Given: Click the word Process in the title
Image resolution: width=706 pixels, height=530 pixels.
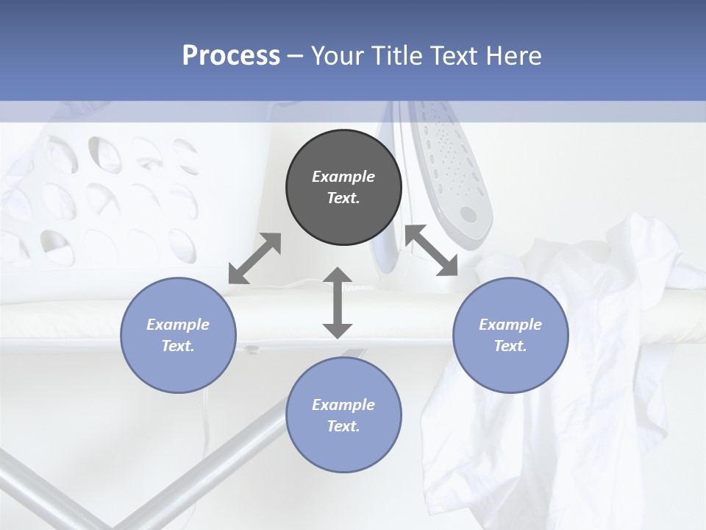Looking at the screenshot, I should pos(231,56).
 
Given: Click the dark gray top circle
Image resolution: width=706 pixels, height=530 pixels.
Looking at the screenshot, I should pos(343,188).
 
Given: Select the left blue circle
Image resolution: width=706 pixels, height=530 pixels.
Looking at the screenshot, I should pos(178,335).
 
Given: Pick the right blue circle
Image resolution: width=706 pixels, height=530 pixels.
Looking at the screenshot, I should pos(510,335).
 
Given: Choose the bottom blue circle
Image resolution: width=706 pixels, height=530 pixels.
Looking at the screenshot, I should pos(343,415).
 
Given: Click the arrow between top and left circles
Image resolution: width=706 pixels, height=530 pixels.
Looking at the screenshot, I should pos(254,258).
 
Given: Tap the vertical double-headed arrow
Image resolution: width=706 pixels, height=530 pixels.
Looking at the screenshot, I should pos(338,303).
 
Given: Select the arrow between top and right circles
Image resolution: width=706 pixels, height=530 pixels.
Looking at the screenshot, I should pos(431,250).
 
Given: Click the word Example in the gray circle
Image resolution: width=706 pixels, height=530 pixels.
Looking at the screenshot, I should pos(343,177).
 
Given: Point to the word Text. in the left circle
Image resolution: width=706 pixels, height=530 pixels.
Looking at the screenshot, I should pos(178,346).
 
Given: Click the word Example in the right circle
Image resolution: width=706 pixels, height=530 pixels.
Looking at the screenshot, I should pos(510,324).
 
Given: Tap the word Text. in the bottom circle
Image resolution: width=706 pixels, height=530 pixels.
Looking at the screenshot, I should pos(343,426).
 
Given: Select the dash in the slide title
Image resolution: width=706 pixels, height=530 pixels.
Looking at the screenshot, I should pos(296,56).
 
